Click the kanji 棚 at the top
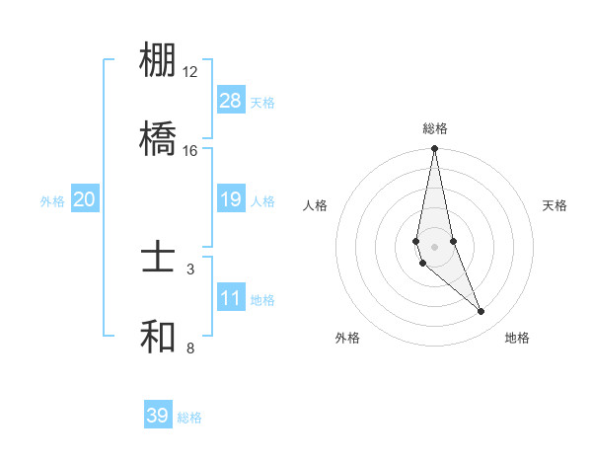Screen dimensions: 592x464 158,60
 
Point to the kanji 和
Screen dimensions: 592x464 158,336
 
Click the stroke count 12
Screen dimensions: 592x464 190,72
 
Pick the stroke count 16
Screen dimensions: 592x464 190,151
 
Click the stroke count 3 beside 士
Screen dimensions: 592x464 190,269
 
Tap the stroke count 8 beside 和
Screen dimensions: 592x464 190,348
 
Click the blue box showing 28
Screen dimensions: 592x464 231,101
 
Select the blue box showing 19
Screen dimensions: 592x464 231,199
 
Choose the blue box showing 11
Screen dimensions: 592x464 231,298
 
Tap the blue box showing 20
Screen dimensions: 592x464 85,199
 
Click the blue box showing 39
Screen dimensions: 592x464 158,416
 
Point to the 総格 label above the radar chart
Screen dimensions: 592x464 434,128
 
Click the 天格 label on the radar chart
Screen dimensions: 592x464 555,205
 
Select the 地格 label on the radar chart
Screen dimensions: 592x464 517,338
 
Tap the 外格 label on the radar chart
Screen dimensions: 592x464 347,338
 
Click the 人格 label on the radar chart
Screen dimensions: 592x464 316,205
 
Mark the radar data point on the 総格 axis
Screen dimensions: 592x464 434,149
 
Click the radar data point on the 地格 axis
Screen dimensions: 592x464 481,312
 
